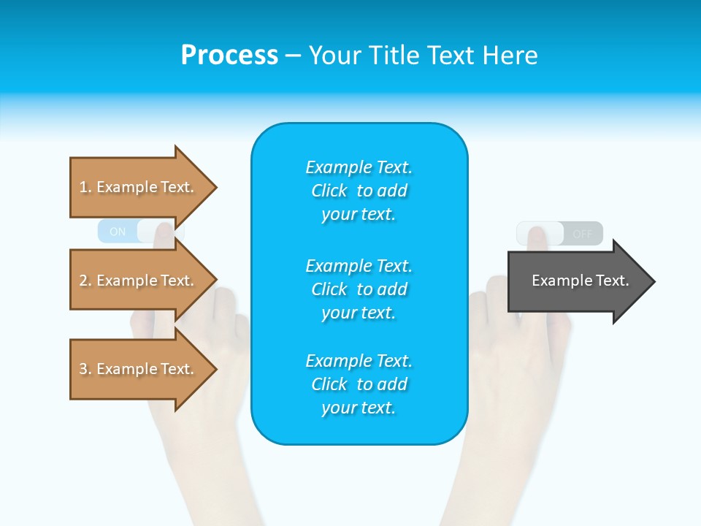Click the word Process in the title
click(x=229, y=56)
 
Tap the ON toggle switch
click(x=139, y=232)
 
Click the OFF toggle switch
click(x=559, y=234)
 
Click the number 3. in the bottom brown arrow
click(x=85, y=369)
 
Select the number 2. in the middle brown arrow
click(x=85, y=281)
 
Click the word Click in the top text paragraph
click(x=329, y=191)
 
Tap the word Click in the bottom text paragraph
click(x=329, y=384)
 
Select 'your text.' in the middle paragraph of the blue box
click(x=359, y=313)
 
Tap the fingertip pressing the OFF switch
click(x=537, y=235)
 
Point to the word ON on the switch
click(x=118, y=232)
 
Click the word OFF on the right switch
click(x=583, y=234)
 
